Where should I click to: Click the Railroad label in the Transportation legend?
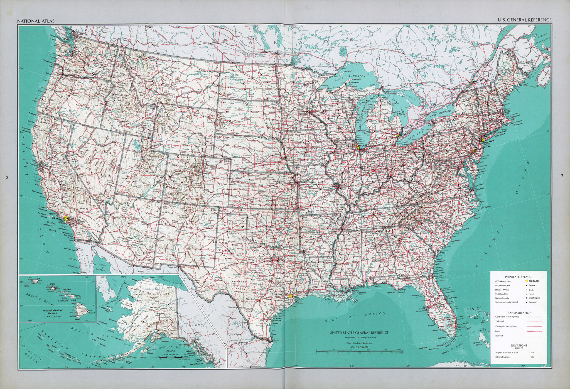pyautogui.click(x=499, y=336)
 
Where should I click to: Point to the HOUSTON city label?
pyautogui.click(x=284, y=294)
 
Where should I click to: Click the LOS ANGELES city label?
pyautogui.click(x=58, y=220)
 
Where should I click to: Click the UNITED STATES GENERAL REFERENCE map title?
pyautogui.click(x=359, y=332)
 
